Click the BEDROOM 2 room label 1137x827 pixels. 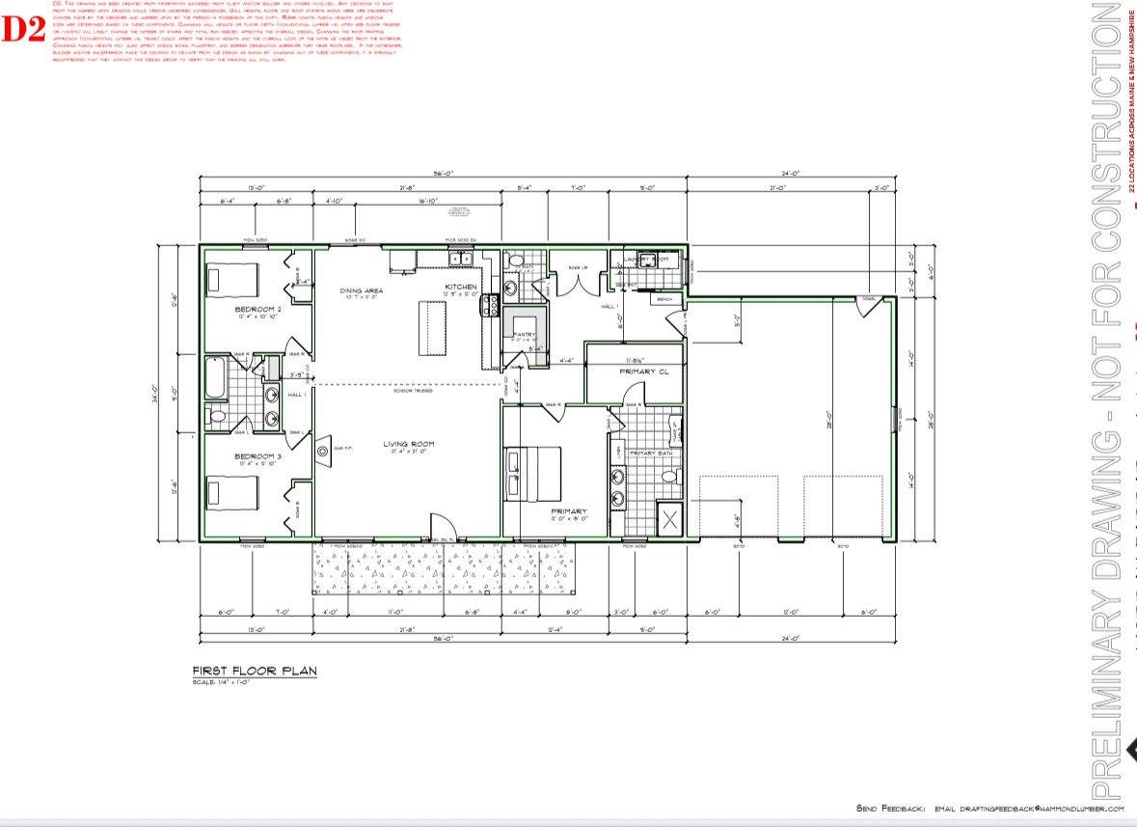(258, 309)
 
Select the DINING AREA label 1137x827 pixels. (363, 289)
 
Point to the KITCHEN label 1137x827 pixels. (460, 288)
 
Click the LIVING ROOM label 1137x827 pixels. (408, 444)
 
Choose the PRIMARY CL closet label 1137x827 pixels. (637, 371)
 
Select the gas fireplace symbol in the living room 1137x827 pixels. (324, 449)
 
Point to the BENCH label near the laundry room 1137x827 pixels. (663, 299)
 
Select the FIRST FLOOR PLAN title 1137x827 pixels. (254, 671)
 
